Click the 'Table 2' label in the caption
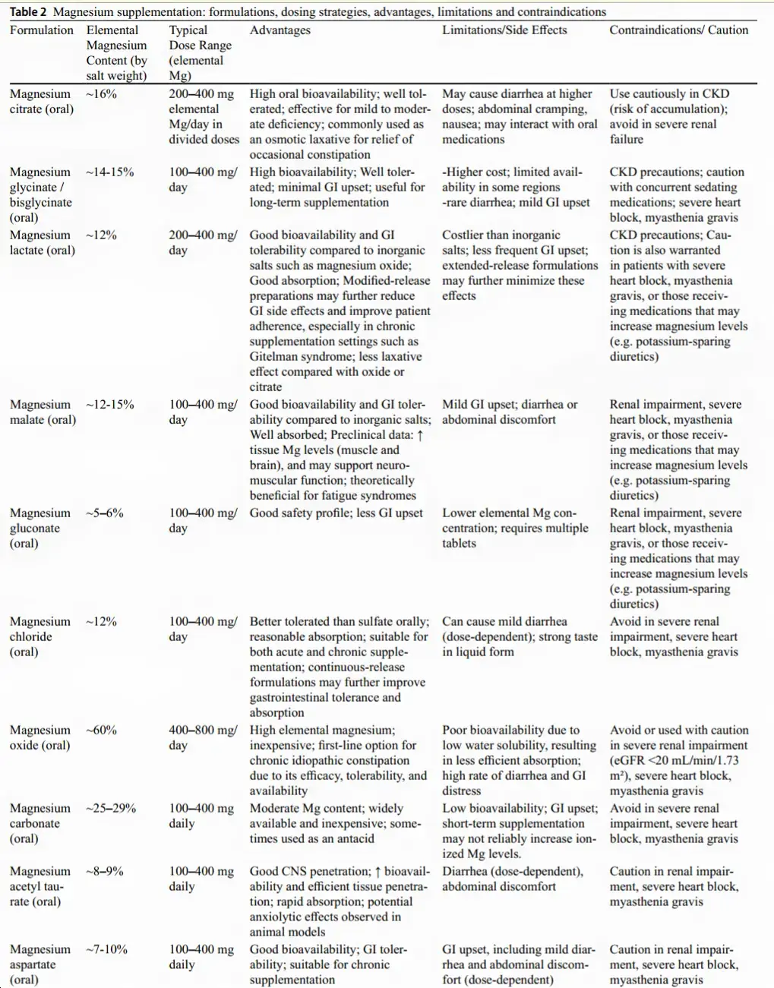[28, 11]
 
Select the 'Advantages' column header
[280, 30]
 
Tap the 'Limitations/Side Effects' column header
[504, 30]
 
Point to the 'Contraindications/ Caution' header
[678, 30]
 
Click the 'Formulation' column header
[41, 30]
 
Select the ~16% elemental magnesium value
[101, 94]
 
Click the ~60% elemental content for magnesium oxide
[101, 731]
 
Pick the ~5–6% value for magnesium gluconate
[105, 513]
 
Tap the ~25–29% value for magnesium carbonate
[111, 809]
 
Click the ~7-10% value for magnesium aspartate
[107, 950]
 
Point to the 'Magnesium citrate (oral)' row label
[42, 102]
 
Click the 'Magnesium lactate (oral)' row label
[42, 243]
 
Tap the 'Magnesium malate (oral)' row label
[42, 412]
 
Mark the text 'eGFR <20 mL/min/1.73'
[674, 761]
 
